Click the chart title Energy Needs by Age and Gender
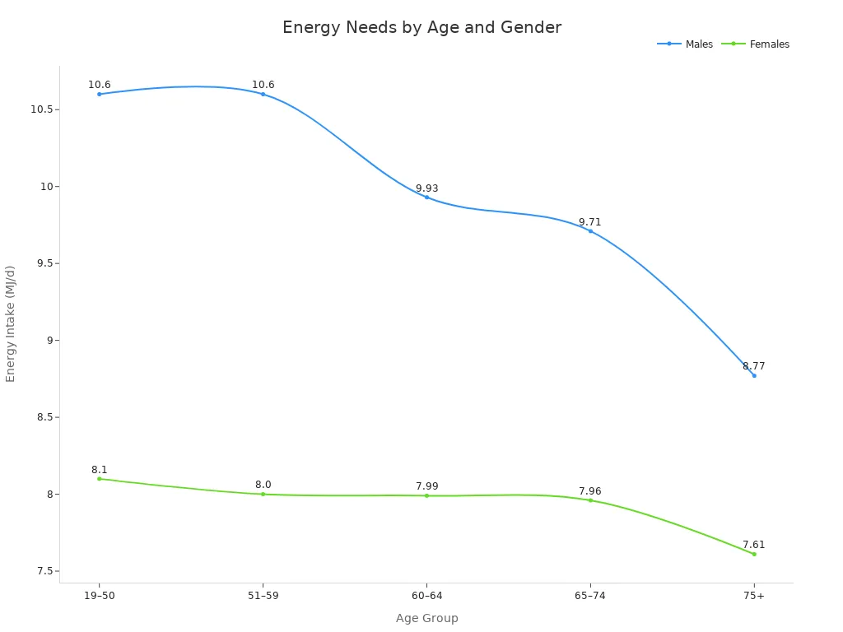pos(421,28)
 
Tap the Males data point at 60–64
pos(426,197)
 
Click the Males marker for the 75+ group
pos(753,375)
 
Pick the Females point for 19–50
pos(100,478)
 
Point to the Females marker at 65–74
pos(590,500)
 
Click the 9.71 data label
pos(589,222)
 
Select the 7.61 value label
pos(753,545)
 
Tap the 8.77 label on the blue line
pos(753,366)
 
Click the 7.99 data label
pos(426,486)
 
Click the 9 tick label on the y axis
pos(49,340)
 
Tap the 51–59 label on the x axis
pos(263,596)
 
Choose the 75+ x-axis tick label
pos(753,596)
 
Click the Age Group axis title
pos(426,618)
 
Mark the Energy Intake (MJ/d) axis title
pos(11,323)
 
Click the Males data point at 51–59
pos(263,94)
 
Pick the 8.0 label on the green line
pos(263,485)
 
